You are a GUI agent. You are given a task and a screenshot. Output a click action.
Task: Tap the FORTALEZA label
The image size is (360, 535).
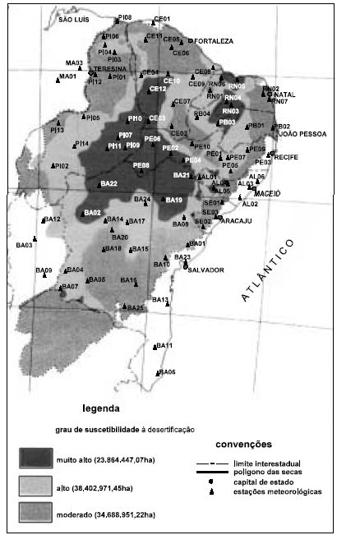point(215,40)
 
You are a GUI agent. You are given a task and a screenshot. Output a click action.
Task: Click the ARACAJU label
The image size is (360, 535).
point(237,221)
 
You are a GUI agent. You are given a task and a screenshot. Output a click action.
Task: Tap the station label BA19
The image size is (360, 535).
point(173,200)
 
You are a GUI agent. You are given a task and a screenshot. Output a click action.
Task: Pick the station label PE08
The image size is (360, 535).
point(141,166)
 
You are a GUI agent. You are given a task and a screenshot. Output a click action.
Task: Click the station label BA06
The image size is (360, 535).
point(168,371)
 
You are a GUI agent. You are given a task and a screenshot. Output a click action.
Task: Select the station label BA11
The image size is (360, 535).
point(164,345)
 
